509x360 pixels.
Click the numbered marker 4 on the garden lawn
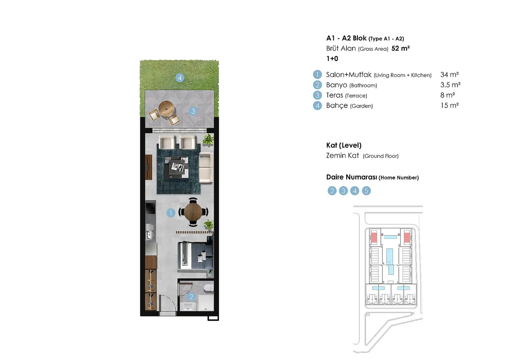180,78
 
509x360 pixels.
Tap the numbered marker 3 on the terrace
193,111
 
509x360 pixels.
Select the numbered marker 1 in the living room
171,213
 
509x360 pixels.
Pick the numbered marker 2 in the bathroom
191,296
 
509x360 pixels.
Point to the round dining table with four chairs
193,212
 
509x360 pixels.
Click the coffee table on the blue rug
176,167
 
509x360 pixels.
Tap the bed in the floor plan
195,256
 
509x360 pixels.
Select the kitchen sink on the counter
150,232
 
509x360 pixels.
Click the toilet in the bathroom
208,288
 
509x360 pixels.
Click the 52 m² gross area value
401,49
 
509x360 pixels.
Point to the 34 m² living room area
450,75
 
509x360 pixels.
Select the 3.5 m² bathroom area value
450,85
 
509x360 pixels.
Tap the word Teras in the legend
335,95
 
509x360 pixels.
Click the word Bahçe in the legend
337,106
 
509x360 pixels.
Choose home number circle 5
366,191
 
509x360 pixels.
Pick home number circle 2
332,191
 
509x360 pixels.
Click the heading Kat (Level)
344,145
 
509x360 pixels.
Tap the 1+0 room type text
332,59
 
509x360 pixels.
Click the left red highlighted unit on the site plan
374,237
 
